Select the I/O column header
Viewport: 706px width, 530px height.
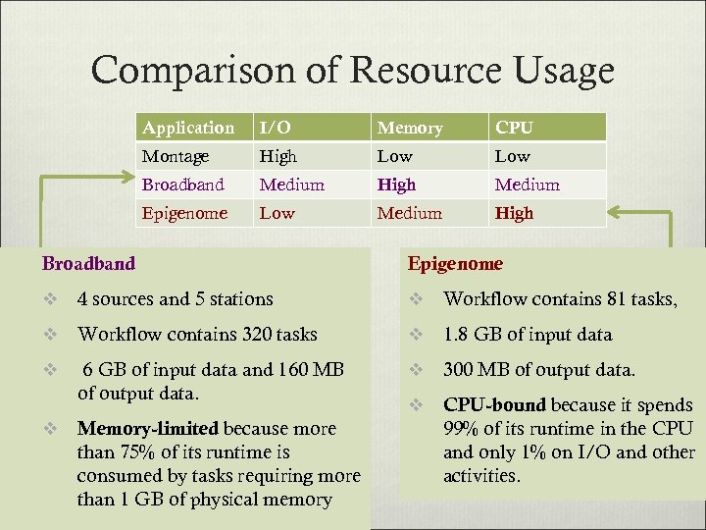pyautogui.click(x=275, y=128)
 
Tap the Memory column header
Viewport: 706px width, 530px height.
pyautogui.click(x=410, y=128)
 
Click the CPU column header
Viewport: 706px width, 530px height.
pyautogui.click(x=515, y=128)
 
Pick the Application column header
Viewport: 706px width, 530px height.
pyautogui.click(x=188, y=128)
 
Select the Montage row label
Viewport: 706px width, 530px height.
pyautogui.click(x=176, y=156)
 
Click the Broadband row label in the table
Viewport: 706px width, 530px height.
pyautogui.click(x=183, y=185)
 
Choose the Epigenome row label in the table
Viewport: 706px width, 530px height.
pyautogui.click(x=184, y=213)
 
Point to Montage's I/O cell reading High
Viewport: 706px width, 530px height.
pyautogui.click(x=277, y=156)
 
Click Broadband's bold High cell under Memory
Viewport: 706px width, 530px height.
pyautogui.click(x=396, y=185)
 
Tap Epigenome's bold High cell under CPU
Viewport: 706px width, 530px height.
pyautogui.click(x=515, y=213)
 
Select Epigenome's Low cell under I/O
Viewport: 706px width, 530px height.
pyautogui.click(x=277, y=213)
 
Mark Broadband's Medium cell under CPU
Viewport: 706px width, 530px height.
pyautogui.click(x=528, y=185)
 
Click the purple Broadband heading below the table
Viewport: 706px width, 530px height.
pyautogui.click(x=88, y=263)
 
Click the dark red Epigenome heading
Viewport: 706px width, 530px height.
pyautogui.click(x=455, y=263)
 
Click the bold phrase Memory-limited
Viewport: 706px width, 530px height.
pyautogui.click(x=149, y=429)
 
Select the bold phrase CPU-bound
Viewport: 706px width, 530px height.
pyautogui.click(x=495, y=405)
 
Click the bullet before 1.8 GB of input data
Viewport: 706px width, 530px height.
pyautogui.click(x=416, y=335)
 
